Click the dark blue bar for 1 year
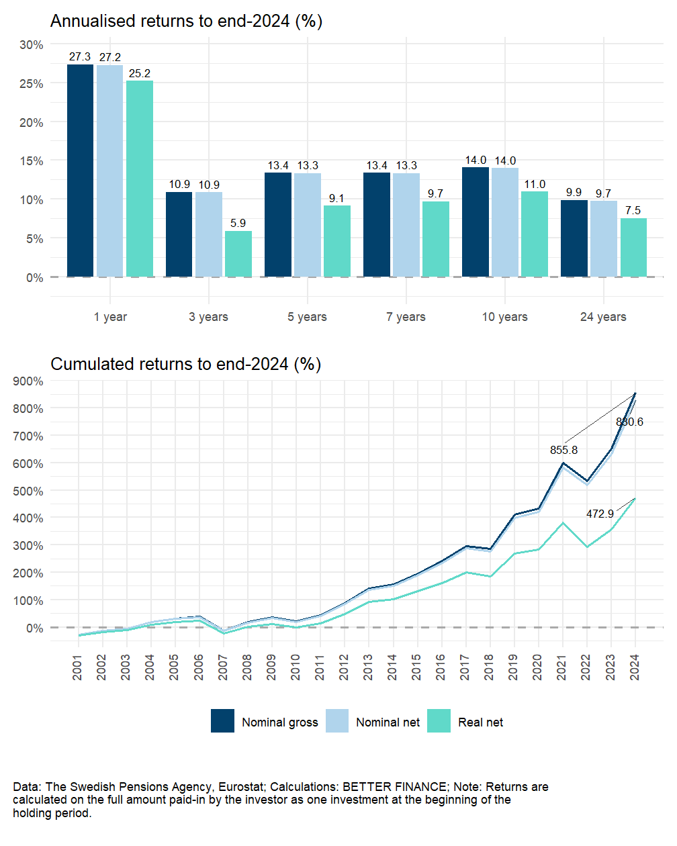(80, 171)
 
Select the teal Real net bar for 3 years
(238, 254)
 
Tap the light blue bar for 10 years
(505, 222)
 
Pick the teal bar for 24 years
(633, 247)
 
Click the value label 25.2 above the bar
(140, 73)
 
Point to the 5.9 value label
(238, 223)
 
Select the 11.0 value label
(535, 184)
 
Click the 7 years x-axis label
(406, 317)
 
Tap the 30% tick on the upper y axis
(32, 45)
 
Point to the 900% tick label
(28, 381)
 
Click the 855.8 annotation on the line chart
(563, 450)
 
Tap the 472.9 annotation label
(600, 514)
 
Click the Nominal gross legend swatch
(222, 721)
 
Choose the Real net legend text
(480, 722)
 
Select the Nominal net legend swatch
(337, 721)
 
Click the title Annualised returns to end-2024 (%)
(186, 21)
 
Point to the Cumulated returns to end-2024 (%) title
(185, 364)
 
